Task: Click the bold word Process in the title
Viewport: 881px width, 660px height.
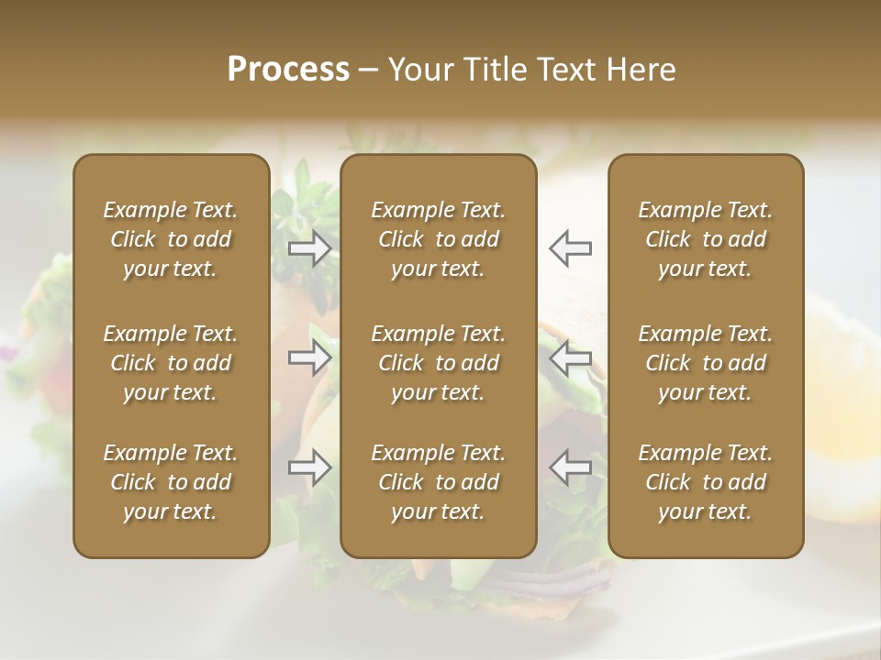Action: [x=288, y=70]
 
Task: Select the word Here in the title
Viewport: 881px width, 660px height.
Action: [x=640, y=70]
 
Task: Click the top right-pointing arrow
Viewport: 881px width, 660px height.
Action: [x=310, y=247]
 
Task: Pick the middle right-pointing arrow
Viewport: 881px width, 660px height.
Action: [x=310, y=357]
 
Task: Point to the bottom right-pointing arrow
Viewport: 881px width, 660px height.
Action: [x=310, y=467]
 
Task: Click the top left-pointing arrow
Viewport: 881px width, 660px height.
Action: [x=570, y=247]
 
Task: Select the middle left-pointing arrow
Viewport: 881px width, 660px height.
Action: [x=570, y=357]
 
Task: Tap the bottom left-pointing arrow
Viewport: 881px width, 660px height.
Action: [x=570, y=467]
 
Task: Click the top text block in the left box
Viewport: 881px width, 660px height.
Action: [x=171, y=239]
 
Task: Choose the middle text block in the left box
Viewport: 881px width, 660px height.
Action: [x=171, y=363]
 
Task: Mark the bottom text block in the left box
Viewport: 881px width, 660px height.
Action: [x=171, y=482]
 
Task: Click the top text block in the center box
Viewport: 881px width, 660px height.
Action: [x=439, y=239]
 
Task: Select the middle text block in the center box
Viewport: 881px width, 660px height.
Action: [x=439, y=363]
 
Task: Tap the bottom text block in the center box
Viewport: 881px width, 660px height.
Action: [x=439, y=482]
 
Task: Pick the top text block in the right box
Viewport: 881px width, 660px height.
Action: [x=706, y=239]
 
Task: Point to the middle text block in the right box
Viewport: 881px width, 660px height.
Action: [x=706, y=363]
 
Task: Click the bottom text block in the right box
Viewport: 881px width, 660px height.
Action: [x=706, y=482]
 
